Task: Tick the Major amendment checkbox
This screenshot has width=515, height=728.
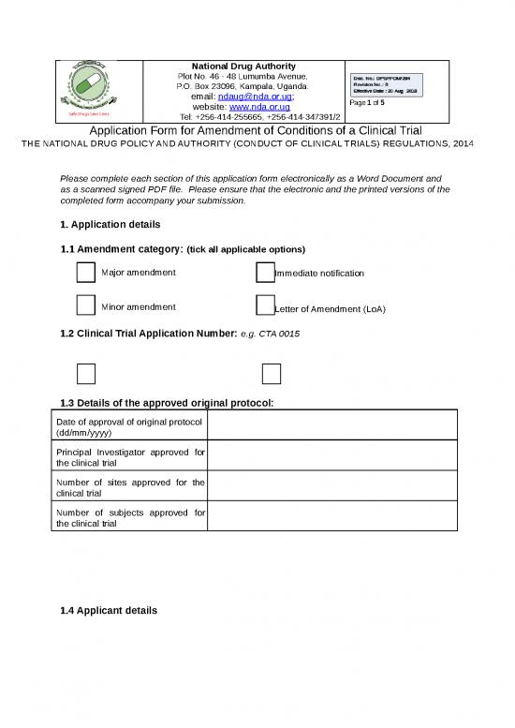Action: coord(84,272)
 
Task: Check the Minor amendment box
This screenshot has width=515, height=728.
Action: coord(84,306)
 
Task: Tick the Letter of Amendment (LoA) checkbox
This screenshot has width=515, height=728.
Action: coord(264,306)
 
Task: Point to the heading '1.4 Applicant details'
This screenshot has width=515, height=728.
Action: coord(108,611)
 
